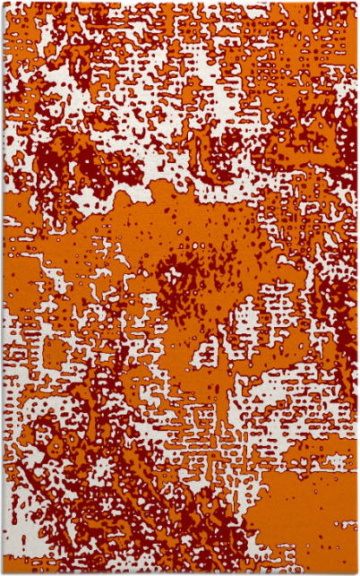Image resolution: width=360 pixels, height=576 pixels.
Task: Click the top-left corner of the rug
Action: tap(3, 3)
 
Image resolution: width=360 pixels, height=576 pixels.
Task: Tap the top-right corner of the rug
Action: tap(356, 3)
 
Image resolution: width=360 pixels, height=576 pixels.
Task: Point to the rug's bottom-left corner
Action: tap(3, 572)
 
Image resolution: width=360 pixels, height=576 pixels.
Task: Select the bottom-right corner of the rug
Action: tap(356, 572)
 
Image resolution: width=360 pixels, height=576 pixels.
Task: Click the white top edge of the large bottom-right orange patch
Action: tap(296, 470)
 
